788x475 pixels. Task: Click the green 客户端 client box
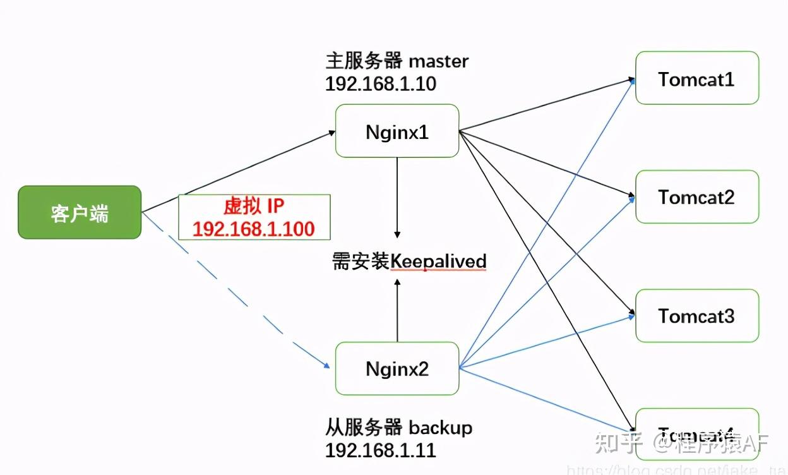80,212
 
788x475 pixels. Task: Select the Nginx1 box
397,131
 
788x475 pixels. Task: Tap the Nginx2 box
397,369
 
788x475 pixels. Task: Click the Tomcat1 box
696,78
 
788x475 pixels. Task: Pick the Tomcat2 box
696,196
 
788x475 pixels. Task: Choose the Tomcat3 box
696,315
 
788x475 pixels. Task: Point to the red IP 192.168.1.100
254,229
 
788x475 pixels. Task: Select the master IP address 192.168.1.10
380,84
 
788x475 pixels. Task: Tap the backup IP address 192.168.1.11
380,450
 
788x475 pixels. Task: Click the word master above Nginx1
439,61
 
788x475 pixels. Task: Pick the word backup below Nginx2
440,428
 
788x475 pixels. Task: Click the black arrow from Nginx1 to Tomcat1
547,105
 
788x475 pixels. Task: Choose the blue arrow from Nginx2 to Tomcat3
547,341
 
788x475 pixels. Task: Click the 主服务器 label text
364,61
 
